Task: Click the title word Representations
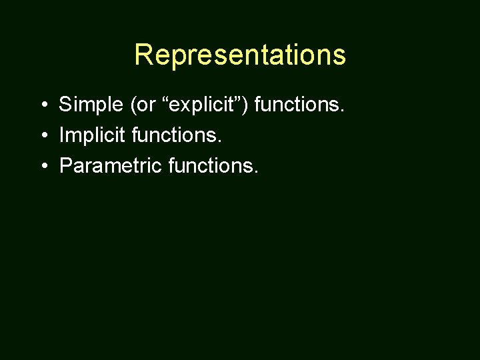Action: [x=240, y=55]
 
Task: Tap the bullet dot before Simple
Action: [x=42, y=105]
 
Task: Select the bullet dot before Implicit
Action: [x=42, y=135]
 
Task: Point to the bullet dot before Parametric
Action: [x=42, y=166]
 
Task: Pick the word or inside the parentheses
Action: [x=145, y=105]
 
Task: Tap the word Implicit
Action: [x=91, y=135]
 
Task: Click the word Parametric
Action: [x=110, y=165]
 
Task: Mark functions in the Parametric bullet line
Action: [x=211, y=165]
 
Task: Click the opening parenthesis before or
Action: [x=133, y=105]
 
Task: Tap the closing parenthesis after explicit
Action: [x=247, y=105]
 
